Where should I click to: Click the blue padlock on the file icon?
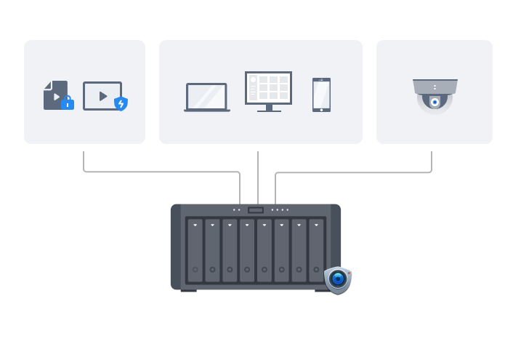point(68,103)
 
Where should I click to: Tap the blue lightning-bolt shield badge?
point(121,103)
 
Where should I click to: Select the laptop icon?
point(207,97)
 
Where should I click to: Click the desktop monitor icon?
point(268,88)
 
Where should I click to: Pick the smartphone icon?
point(321,95)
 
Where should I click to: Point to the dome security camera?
point(435,95)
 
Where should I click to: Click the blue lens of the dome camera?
point(435,103)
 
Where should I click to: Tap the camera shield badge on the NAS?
point(337,279)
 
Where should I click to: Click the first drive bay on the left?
point(195,250)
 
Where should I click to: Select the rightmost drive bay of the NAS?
point(316,250)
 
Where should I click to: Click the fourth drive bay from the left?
point(247,250)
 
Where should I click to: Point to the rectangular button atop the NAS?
point(256,210)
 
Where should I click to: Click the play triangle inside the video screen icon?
point(103,95)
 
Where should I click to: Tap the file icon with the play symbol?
point(55,95)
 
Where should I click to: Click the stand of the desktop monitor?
point(269,108)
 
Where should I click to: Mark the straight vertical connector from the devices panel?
point(258,175)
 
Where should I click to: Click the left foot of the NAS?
point(188,290)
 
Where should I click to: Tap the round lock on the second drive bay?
point(212,270)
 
